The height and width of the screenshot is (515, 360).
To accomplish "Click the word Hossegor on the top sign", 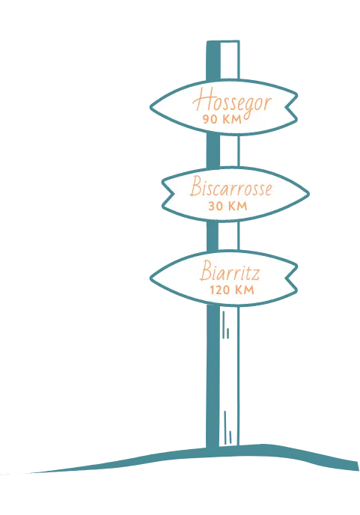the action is pos(232,100).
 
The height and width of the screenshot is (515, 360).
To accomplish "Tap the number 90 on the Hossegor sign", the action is pos(210,119).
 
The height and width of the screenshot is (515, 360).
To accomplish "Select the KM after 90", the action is pos(231,119).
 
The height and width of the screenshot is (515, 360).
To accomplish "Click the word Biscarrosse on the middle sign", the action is pos(231,186).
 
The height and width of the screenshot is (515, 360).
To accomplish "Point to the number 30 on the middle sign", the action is pos(216,206).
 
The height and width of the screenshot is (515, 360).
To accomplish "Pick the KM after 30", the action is pos(237,206).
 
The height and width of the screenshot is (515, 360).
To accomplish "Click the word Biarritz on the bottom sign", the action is pos(230,271).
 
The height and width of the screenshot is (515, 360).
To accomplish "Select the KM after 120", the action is pos(243,290).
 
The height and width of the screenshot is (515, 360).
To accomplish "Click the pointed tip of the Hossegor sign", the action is pos(150,107).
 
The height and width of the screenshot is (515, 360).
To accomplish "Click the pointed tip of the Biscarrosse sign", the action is pos(308,194).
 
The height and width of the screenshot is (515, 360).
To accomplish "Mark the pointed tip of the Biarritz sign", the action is pos(150,278).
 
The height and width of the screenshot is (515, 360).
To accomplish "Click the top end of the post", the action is pos(223,42).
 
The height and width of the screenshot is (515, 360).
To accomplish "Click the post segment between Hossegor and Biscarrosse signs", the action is pos(223,151).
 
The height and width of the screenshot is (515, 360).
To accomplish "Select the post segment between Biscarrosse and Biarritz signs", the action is pos(223,236).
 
